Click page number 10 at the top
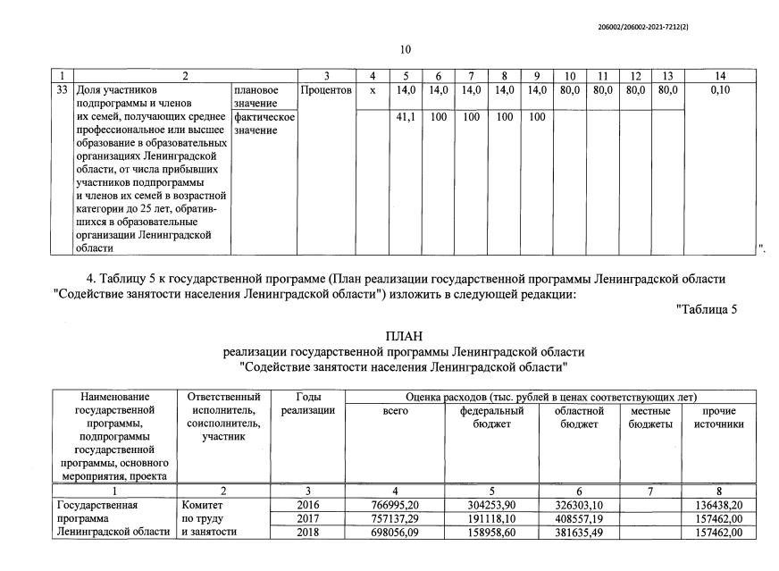(x=405, y=50)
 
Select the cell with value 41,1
(x=406, y=117)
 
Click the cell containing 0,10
(x=720, y=90)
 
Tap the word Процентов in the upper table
(x=326, y=90)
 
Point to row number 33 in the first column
(x=63, y=90)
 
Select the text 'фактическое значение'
(x=264, y=123)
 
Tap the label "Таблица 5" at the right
(x=707, y=310)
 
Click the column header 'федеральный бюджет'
(x=491, y=417)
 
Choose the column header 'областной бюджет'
(x=579, y=417)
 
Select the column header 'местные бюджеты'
(x=650, y=417)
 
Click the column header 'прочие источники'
(x=718, y=417)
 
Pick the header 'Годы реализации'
(x=307, y=403)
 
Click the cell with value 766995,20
(x=396, y=505)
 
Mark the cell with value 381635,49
(x=579, y=533)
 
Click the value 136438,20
(x=718, y=505)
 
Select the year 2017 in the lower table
(x=307, y=519)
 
